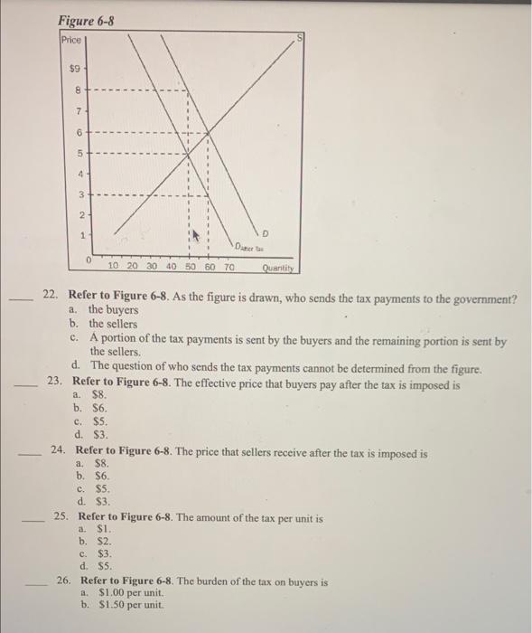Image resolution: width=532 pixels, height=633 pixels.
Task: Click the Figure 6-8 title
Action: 86,20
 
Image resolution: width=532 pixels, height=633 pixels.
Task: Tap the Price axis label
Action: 70,41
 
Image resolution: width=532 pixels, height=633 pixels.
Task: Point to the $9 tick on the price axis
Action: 78,68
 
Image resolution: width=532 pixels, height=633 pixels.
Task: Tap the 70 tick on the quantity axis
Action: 229,269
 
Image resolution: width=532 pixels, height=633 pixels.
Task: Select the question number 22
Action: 51,296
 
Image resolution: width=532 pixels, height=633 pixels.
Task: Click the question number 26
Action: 64,581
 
